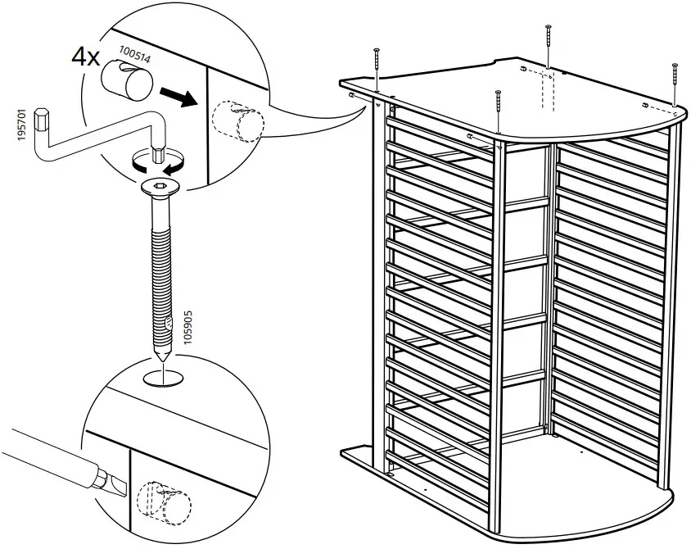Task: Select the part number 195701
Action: click(20, 124)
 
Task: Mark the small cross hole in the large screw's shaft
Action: click(168, 324)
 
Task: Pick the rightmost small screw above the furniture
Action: click(674, 81)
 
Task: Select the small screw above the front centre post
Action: click(498, 110)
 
